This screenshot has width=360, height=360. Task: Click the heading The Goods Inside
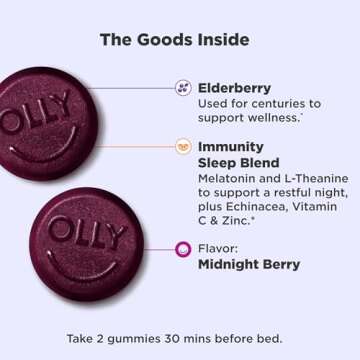click(x=180, y=40)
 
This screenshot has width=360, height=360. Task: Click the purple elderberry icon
click(x=183, y=87)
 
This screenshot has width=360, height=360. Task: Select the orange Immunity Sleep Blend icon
click(x=183, y=146)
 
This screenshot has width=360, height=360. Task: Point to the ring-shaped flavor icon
click(x=183, y=249)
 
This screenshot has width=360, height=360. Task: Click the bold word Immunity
click(x=232, y=145)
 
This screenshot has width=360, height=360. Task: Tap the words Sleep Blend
click(x=244, y=162)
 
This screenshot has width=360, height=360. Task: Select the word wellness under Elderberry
click(x=278, y=119)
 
